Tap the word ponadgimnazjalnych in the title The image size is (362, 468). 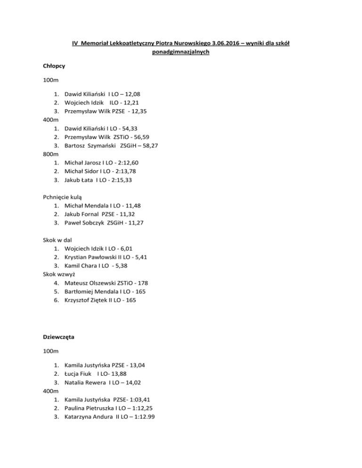point(181,53)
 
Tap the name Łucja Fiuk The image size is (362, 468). point(77,373)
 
